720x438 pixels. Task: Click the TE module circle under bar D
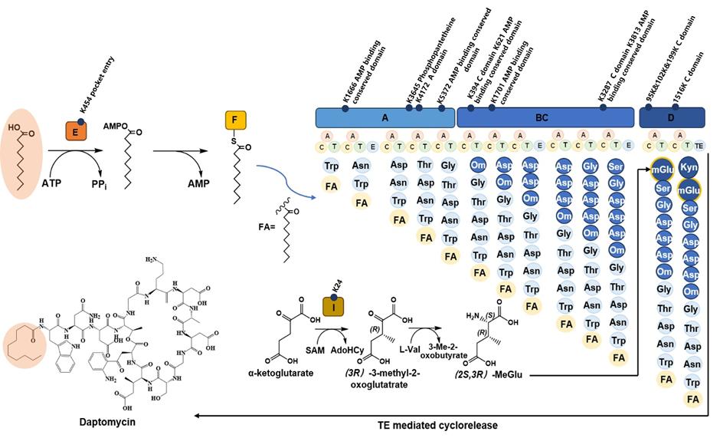(698, 144)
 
